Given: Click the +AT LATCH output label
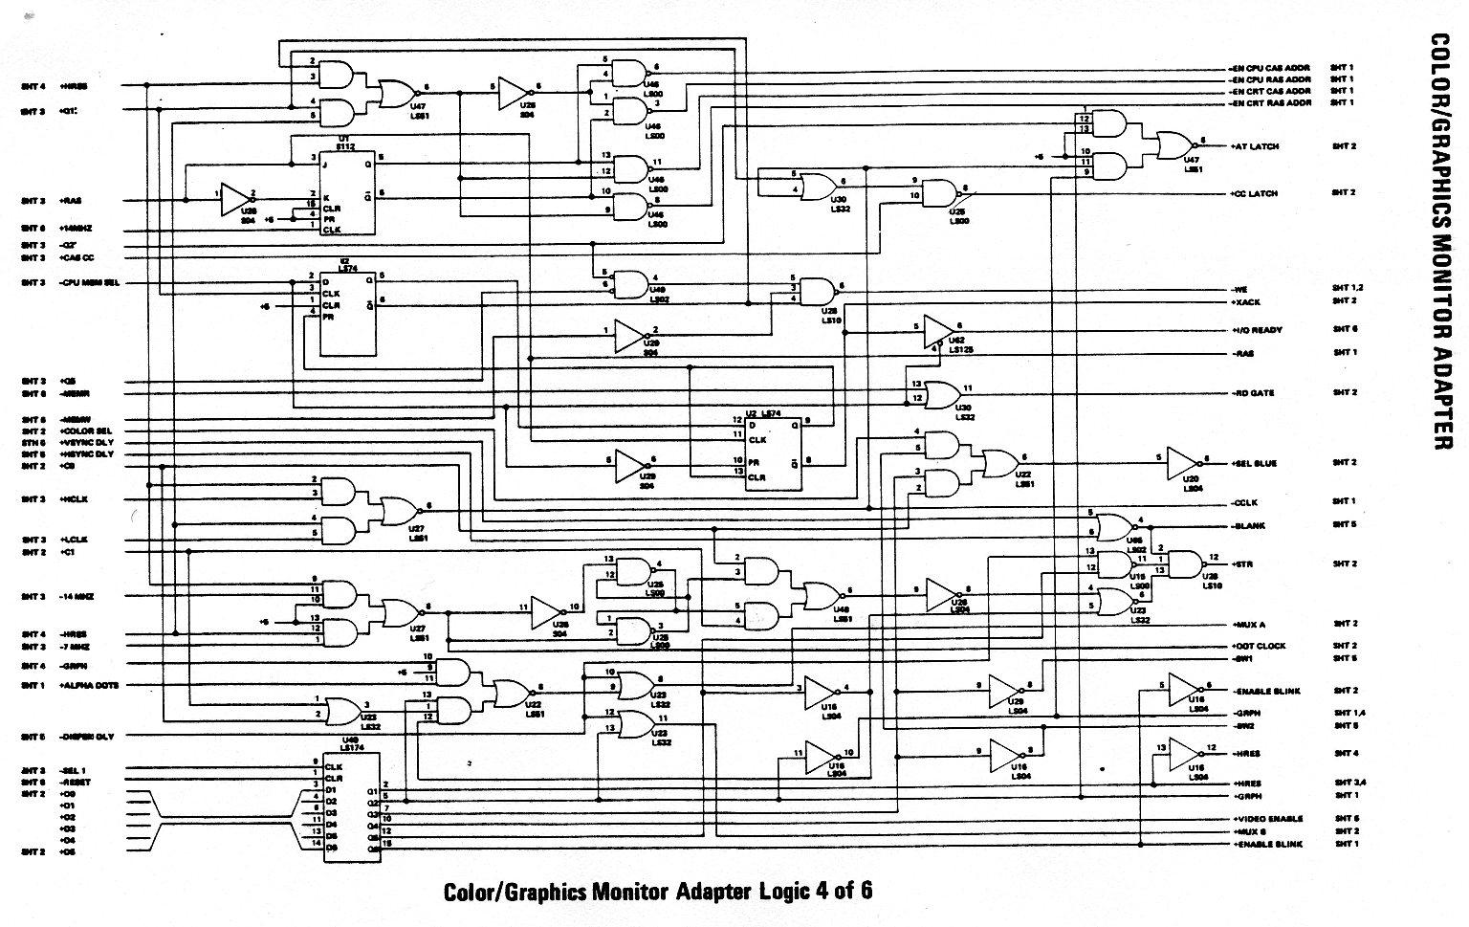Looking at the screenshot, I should [1255, 146].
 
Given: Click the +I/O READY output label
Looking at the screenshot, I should [1258, 330].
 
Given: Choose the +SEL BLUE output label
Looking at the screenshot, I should [1255, 463].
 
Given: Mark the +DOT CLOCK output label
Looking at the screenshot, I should [1259, 646].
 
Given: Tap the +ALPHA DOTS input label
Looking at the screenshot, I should [89, 686].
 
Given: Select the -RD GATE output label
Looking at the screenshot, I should [1253, 393].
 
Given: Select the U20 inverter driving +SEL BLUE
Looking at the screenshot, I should [1182, 463].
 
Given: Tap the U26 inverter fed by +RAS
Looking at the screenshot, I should [234, 200].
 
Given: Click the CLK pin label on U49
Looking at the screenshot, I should [334, 766].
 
